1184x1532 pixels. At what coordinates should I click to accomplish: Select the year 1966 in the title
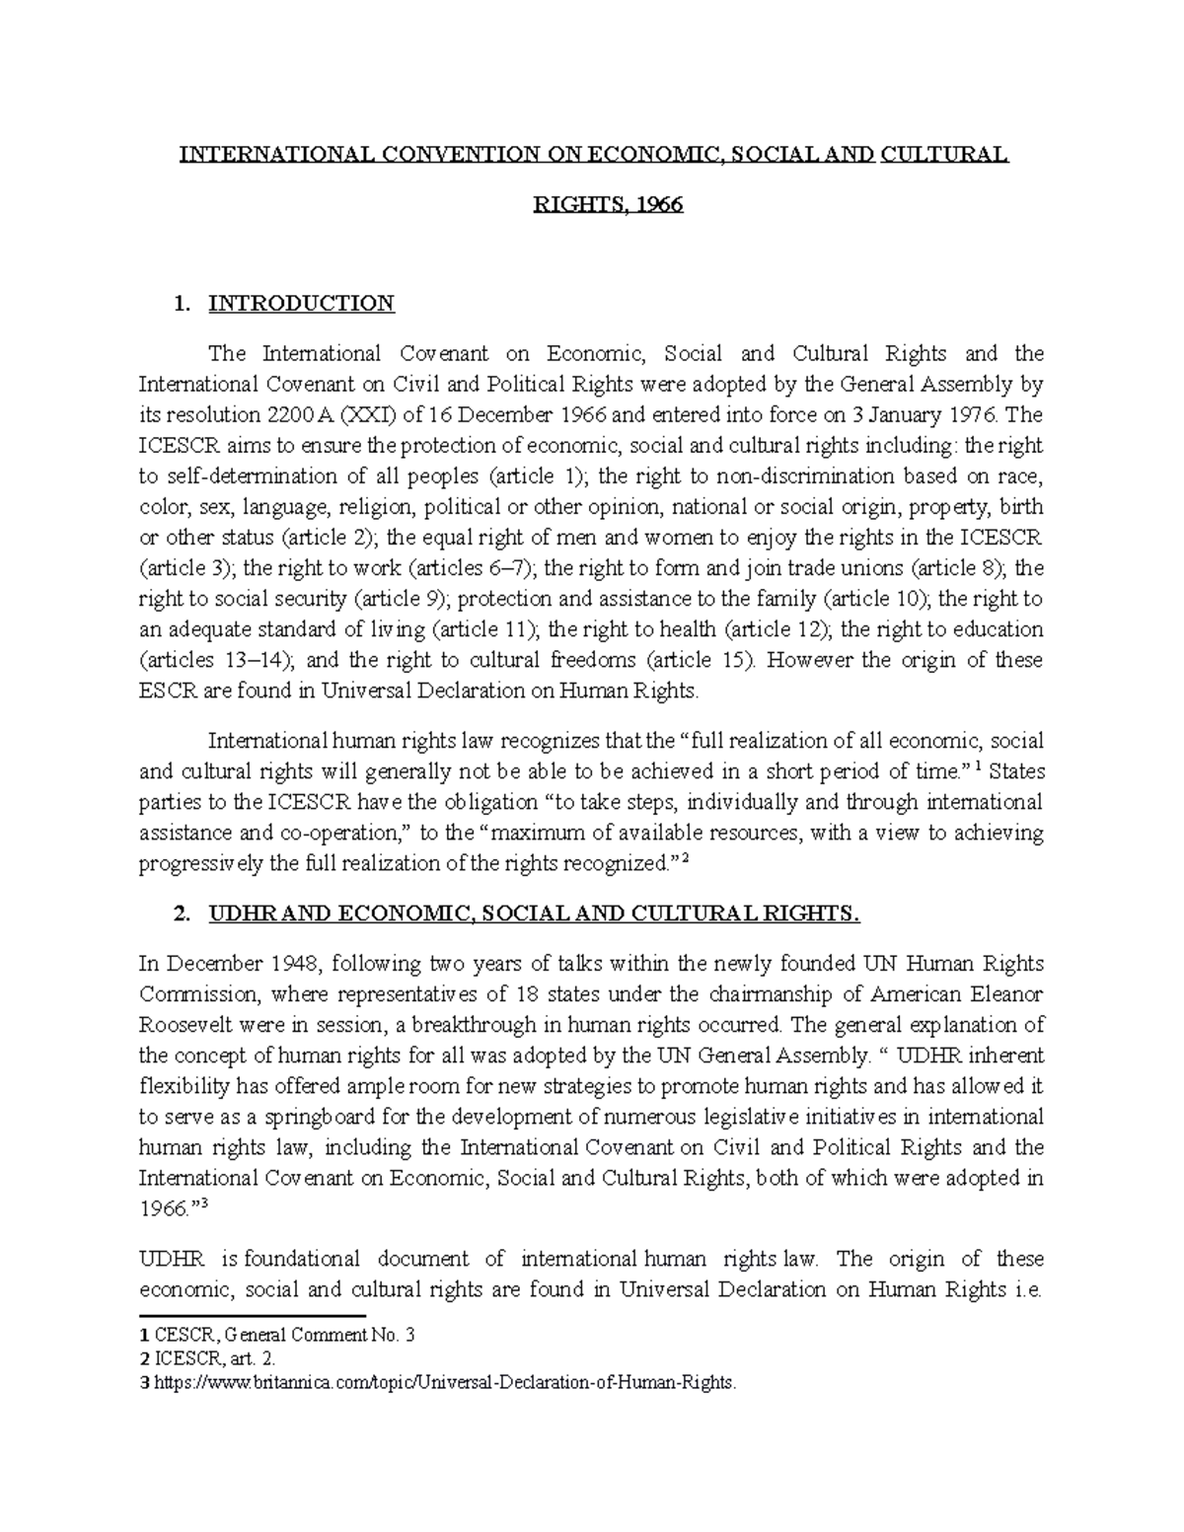point(660,206)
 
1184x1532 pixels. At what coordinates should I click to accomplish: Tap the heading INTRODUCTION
point(301,303)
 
